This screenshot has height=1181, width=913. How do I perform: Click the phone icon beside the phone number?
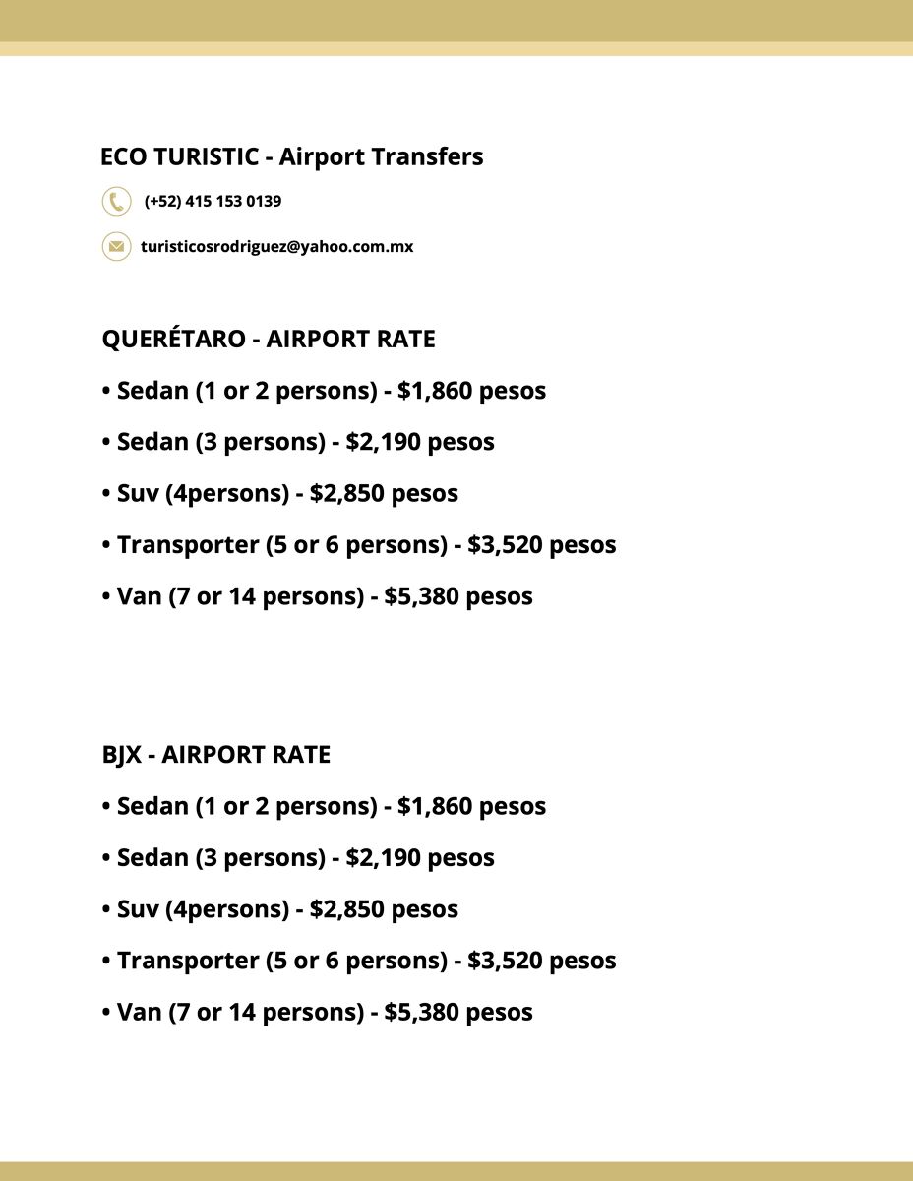[x=116, y=202]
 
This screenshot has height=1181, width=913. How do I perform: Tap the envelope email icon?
[x=116, y=246]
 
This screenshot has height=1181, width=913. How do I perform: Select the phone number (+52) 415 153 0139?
[x=213, y=202]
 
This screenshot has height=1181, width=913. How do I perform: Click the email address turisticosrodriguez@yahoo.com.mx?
[x=277, y=246]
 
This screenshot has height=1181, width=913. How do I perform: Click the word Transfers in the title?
[x=435, y=156]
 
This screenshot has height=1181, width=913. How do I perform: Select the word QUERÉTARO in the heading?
[x=174, y=340]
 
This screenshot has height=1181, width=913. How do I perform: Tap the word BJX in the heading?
[x=122, y=755]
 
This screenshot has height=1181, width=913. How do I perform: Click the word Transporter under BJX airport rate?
[x=187, y=961]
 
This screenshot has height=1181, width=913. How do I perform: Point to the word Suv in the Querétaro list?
[x=138, y=493]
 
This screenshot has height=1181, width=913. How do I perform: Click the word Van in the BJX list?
[x=139, y=1012]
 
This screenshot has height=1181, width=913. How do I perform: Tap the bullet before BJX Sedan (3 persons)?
[x=106, y=859]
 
